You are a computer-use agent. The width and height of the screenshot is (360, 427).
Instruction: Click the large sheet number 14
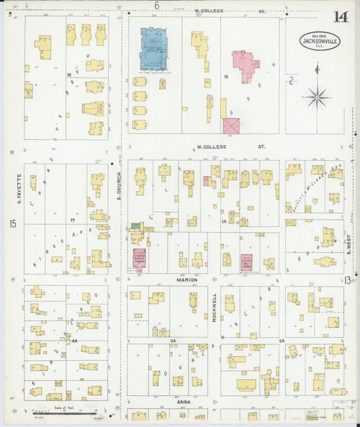[x=342, y=17]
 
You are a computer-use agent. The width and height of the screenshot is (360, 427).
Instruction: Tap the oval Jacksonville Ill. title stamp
[x=321, y=41]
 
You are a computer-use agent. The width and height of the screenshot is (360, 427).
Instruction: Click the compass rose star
[x=316, y=97]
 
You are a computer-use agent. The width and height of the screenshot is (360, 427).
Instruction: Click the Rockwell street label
[x=215, y=307]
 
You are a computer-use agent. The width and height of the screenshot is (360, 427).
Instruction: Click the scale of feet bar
[x=65, y=412]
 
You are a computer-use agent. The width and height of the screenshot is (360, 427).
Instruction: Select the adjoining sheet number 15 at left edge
[x=13, y=224]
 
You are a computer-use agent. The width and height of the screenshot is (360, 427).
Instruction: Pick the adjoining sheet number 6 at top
[x=156, y=6]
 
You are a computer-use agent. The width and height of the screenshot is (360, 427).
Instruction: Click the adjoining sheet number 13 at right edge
[x=346, y=280]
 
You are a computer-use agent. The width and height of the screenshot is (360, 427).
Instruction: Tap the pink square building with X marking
[x=231, y=126]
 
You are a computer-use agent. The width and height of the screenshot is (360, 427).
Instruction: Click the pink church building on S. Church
[x=139, y=259]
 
